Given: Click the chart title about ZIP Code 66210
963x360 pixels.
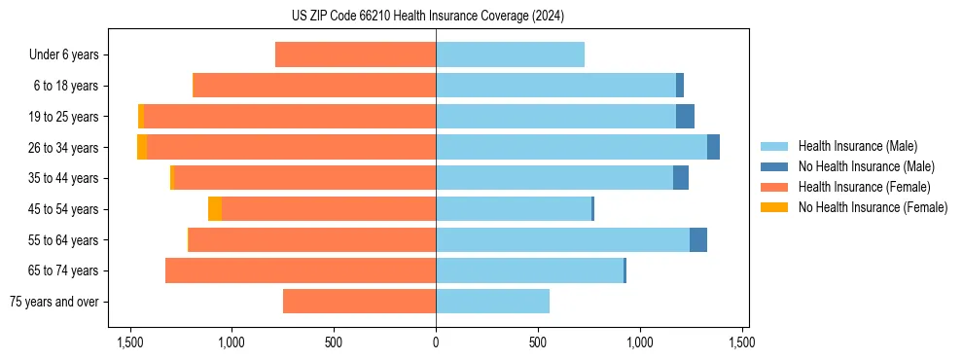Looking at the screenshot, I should (x=427, y=17).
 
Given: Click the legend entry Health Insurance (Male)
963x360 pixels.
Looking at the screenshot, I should (x=857, y=146).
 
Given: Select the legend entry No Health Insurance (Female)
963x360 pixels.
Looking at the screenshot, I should (x=873, y=207).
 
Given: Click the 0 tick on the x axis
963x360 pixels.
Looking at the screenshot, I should (x=436, y=342).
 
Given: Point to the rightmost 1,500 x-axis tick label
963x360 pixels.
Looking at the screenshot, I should (x=742, y=342).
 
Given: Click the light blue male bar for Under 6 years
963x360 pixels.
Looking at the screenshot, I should (x=510, y=54).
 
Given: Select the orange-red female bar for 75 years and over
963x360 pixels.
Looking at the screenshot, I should (x=359, y=302).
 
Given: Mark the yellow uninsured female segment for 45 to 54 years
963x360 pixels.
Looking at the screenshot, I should (x=215, y=209).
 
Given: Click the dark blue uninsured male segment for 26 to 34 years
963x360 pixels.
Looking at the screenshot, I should (x=713, y=147).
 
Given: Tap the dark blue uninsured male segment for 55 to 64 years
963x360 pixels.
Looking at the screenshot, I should (x=698, y=239).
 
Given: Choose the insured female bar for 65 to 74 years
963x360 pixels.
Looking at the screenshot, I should (x=301, y=270).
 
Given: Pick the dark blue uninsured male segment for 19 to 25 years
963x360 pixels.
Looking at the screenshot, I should (x=685, y=117).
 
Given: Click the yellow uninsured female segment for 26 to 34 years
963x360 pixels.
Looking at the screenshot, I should (x=142, y=147).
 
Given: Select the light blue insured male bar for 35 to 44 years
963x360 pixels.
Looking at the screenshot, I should (x=554, y=178).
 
